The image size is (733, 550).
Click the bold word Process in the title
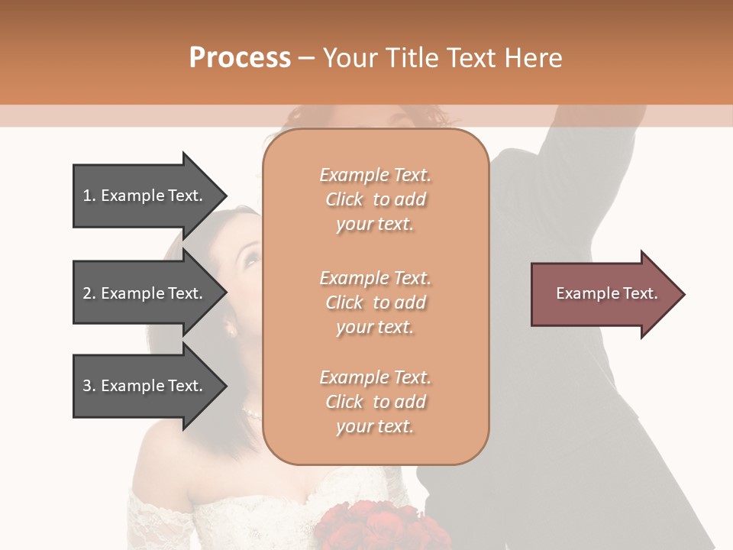[x=240, y=58]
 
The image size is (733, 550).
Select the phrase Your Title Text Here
[x=443, y=58]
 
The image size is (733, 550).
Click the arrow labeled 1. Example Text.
[x=143, y=196]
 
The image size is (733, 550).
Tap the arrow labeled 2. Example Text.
[x=143, y=293]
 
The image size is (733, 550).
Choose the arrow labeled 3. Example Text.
[x=143, y=386]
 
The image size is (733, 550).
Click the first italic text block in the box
[x=375, y=199]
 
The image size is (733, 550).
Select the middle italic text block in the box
[x=375, y=302]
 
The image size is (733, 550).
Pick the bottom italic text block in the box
[x=375, y=402]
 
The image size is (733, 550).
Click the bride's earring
[x=231, y=330]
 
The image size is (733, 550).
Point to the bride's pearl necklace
[x=251, y=414]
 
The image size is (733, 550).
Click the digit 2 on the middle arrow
[x=87, y=293]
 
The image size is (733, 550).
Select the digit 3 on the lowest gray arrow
[x=87, y=386]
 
